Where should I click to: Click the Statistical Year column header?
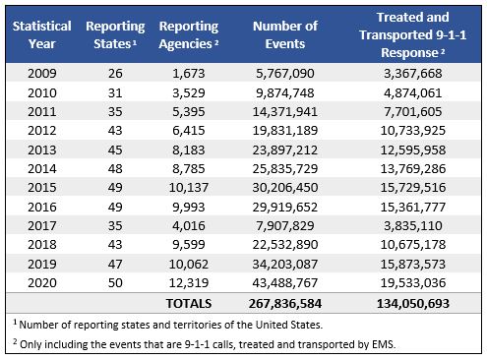(40, 33)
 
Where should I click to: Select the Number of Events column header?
(285, 33)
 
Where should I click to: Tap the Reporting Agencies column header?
(189, 33)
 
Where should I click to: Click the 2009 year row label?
(40, 74)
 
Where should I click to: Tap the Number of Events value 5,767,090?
(285, 74)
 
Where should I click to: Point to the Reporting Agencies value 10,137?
(190, 187)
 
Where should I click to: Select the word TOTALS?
(190, 301)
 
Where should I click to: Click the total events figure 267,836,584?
(285, 301)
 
